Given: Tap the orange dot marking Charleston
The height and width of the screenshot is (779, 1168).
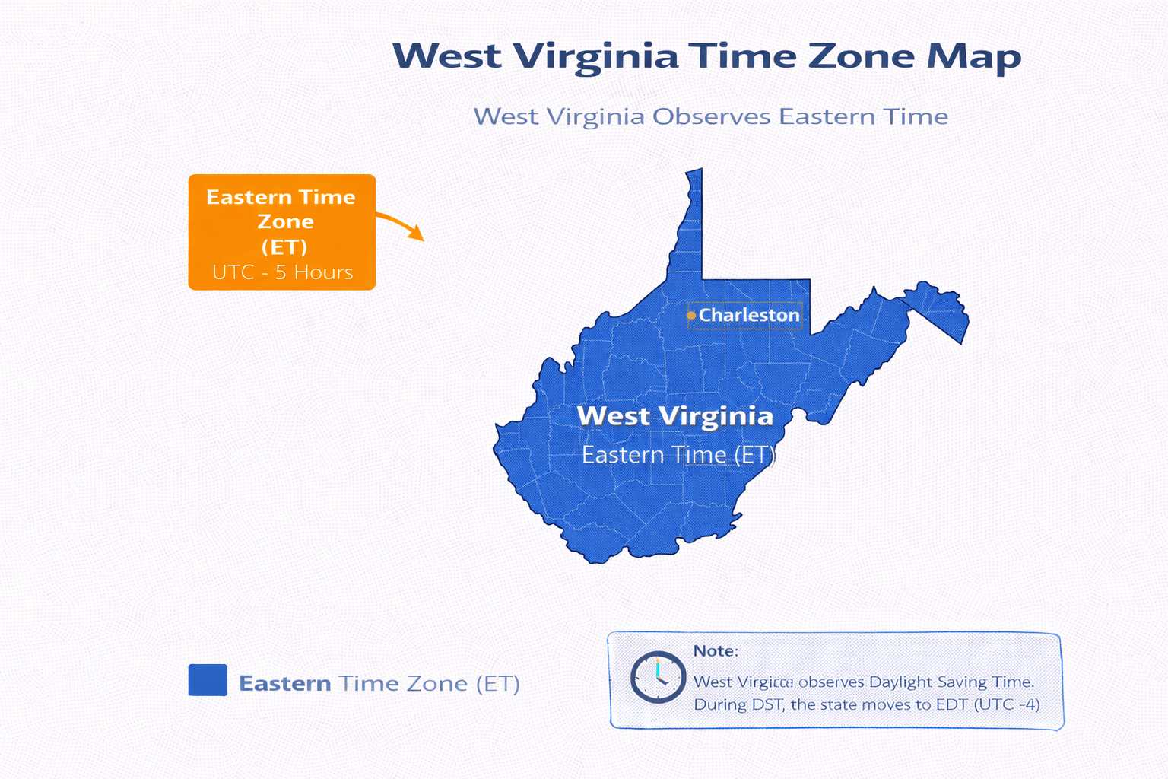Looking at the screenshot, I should pyautogui.click(x=691, y=315).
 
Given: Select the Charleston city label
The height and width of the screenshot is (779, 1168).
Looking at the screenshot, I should pyautogui.click(x=749, y=315).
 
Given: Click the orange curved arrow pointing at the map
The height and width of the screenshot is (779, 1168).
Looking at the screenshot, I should pyautogui.click(x=401, y=225).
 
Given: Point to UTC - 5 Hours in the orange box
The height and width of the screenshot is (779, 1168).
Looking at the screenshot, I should pyautogui.click(x=282, y=272).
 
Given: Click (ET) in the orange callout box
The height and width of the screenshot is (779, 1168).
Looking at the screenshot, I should pyautogui.click(x=284, y=247).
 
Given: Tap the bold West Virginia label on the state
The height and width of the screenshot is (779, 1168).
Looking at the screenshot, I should pyautogui.click(x=674, y=416).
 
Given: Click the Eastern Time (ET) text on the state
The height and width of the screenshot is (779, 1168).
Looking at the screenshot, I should pyautogui.click(x=678, y=455).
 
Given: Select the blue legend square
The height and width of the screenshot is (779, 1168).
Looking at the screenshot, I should pyautogui.click(x=208, y=680).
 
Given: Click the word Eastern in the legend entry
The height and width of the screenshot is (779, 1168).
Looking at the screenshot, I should pyautogui.click(x=285, y=683).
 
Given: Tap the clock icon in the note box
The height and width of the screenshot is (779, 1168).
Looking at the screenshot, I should pyautogui.click(x=658, y=676).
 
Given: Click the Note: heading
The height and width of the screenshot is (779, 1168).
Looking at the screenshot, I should pyautogui.click(x=716, y=651).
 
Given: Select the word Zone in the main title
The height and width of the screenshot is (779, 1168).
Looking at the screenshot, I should pyautogui.click(x=861, y=56).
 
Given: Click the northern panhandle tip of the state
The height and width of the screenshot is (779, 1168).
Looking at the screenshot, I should pyautogui.click(x=693, y=176).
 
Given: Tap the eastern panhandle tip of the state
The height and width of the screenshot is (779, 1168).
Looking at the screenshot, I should pyautogui.click(x=962, y=327).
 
